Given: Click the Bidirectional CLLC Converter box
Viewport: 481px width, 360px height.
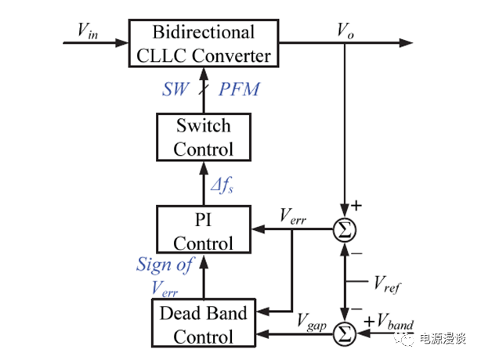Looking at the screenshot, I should (x=204, y=44).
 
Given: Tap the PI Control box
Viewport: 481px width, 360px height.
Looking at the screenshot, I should (x=204, y=229).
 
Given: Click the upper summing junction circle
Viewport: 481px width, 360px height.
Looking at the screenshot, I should (x=344, y=230).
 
